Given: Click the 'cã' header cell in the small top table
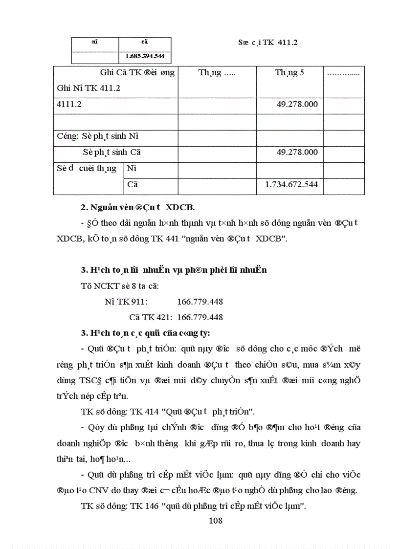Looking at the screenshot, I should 145,43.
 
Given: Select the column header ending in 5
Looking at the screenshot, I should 289,73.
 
